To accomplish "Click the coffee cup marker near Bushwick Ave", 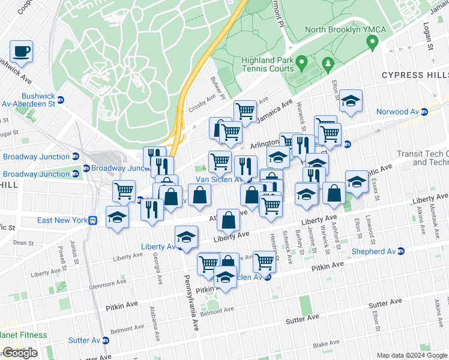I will pos(22,52).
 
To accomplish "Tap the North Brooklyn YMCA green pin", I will pos(372,42).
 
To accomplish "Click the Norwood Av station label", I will pos(397,112).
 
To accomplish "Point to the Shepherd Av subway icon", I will pos(399,251).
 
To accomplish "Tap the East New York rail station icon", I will pos(92,220).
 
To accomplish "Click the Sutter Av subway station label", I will pos(83,340).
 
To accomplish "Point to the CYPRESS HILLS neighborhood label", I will pos(415,76).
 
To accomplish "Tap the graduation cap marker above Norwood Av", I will pos(351,101).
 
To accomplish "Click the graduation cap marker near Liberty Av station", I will pos(186,238).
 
